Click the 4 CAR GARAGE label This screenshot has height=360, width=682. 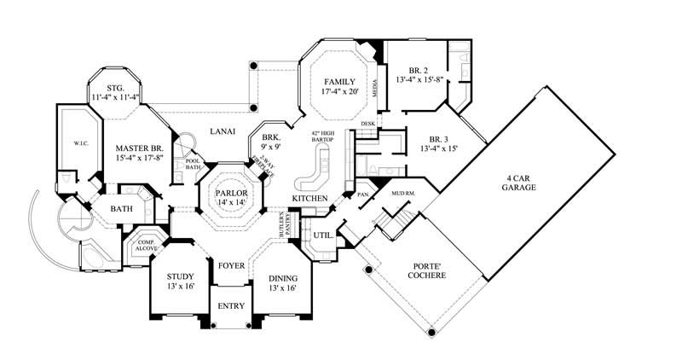[x=518, y=181]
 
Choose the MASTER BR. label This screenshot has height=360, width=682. [x=139, y=154]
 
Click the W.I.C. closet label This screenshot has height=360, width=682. [x=70, y=143]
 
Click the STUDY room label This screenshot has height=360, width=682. [x=180, y=282]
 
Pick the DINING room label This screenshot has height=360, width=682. [x=282, y=282]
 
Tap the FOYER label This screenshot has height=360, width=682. [x=231, y=266]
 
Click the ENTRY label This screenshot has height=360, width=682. [x=231, y=306]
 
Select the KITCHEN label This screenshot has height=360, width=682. [x=310, y=198]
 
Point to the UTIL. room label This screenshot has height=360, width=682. [x=323, y=234]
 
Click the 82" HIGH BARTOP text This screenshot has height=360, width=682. [x=329, y=138]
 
